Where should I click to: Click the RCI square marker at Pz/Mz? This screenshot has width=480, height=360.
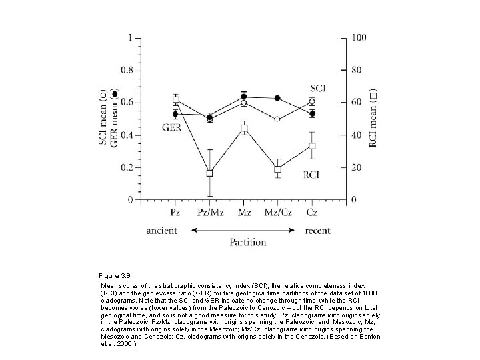pyautogui.click(x=209, y=173)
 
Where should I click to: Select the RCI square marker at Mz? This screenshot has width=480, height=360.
pyautogui.click(x=244, y=128)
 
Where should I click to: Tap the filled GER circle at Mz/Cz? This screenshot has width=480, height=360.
pyautogui.click(x=277, y=98)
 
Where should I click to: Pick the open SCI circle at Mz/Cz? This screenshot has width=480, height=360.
pyautogui.click(x=277, y=119)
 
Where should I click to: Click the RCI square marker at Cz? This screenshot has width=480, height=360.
pyautogui.click(x=312, y=146)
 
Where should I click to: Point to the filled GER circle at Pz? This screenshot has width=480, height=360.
pyautogui.click(x=175, y=114)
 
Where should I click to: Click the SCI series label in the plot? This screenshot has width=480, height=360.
pyautogui.click(x=318, y=89)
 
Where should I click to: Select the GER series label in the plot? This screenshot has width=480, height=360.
pyautogui.click(x=172, y=127)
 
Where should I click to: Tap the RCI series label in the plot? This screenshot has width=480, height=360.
pyautogui.click(x=311, y=175)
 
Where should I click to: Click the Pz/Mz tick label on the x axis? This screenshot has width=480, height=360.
pyautogui.click(x=210, y=212)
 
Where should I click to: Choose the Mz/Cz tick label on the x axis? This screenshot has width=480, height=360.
pyautogui.click(x=278, y=212)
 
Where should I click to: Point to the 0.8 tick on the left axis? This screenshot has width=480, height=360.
pyautogui.click(x=127, y=71)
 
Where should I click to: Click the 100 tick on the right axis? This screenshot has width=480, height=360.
pyautogui.click(x=359, y=37)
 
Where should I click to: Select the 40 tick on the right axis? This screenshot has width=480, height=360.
pyautogui.click(x=357, y=135)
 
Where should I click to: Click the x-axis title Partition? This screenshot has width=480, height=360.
pyautogui.click(x=248, y=243)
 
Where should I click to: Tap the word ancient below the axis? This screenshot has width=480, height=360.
pyautogui.click(x=162, y=231)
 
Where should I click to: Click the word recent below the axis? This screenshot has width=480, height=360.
pyautogui.click(x=318, y=231)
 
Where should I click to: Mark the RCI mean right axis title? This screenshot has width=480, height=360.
pyautogui.click(x=373, y=118)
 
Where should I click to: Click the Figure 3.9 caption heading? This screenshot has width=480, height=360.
pyautogui.click(x=115, y=276)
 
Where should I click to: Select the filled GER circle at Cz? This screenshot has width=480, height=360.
pyautogui.click(x=312, y=114)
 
